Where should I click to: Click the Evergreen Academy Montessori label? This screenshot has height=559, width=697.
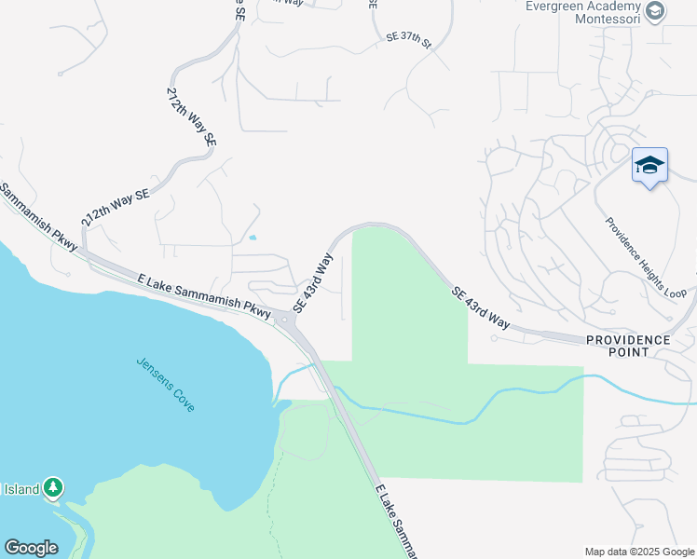582,12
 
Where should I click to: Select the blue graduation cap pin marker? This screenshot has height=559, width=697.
649,167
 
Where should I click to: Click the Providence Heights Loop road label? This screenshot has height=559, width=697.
645,258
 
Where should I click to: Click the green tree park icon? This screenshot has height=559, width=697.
54,487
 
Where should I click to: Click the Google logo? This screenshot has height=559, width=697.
31,548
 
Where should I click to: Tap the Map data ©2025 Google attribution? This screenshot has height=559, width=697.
639,552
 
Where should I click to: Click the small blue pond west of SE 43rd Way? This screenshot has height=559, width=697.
253,237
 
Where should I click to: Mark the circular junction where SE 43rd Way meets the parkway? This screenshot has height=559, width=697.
285,320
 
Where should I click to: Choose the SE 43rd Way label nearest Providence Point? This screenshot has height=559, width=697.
481,308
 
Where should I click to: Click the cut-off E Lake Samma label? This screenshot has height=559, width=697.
396,521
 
